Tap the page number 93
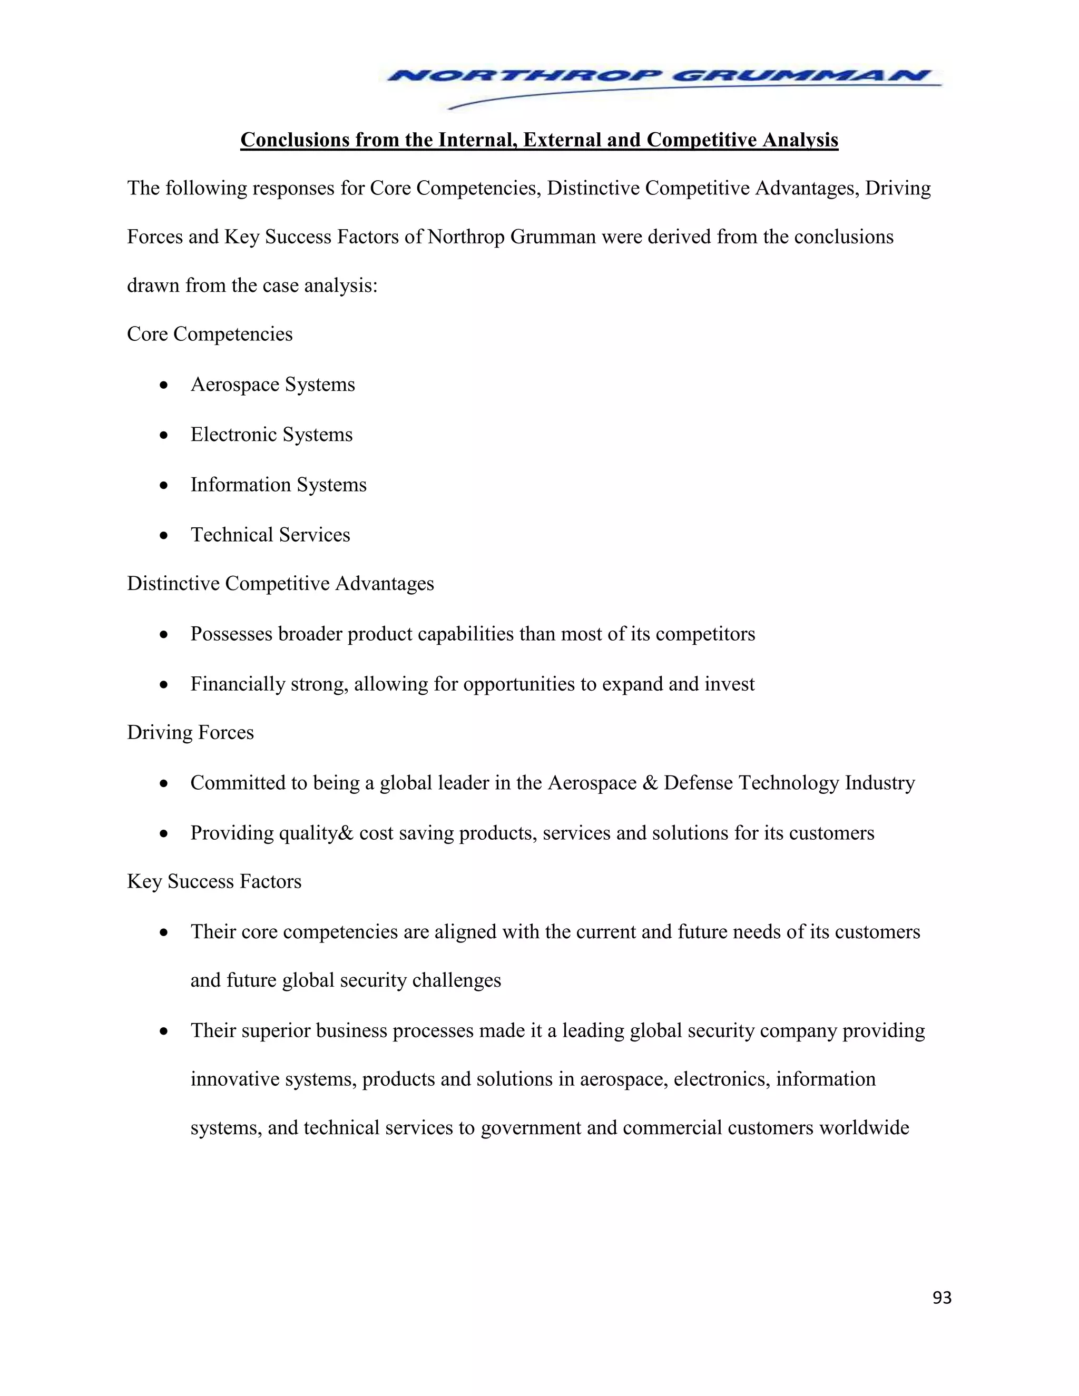click(x=941, y=1297)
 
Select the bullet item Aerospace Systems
click(x=272, y=384)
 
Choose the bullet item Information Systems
click(x=278, y=485)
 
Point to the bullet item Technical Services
click(x=270, y=534)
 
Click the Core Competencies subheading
click(x=210, y=333)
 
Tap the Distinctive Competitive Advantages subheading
click(x=280, y=584)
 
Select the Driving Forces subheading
click(x=190, y=733)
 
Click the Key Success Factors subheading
click(x=213, y=881)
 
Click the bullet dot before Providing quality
click(x=164, y=833)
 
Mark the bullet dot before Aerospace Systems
click(x=164, y=385)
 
